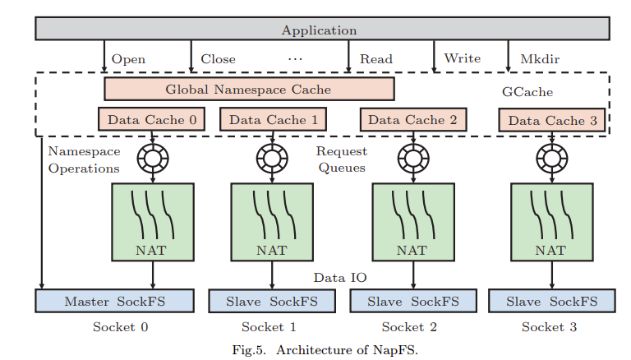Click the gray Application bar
pos(321,30)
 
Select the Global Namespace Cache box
pos(249,89)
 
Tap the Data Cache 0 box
pos(151,119)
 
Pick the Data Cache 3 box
pos(552,121)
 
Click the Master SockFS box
pos(114,301)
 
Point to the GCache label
pos(527,92)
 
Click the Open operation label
pos(128,59)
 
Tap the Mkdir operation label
pos(541,59)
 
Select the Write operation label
pos(462,58)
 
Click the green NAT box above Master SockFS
pos(151,223)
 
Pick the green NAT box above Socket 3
pos(551,223)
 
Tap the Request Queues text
pos(341,159)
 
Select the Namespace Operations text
pos(83,159)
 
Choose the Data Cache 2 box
pos(412,119)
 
